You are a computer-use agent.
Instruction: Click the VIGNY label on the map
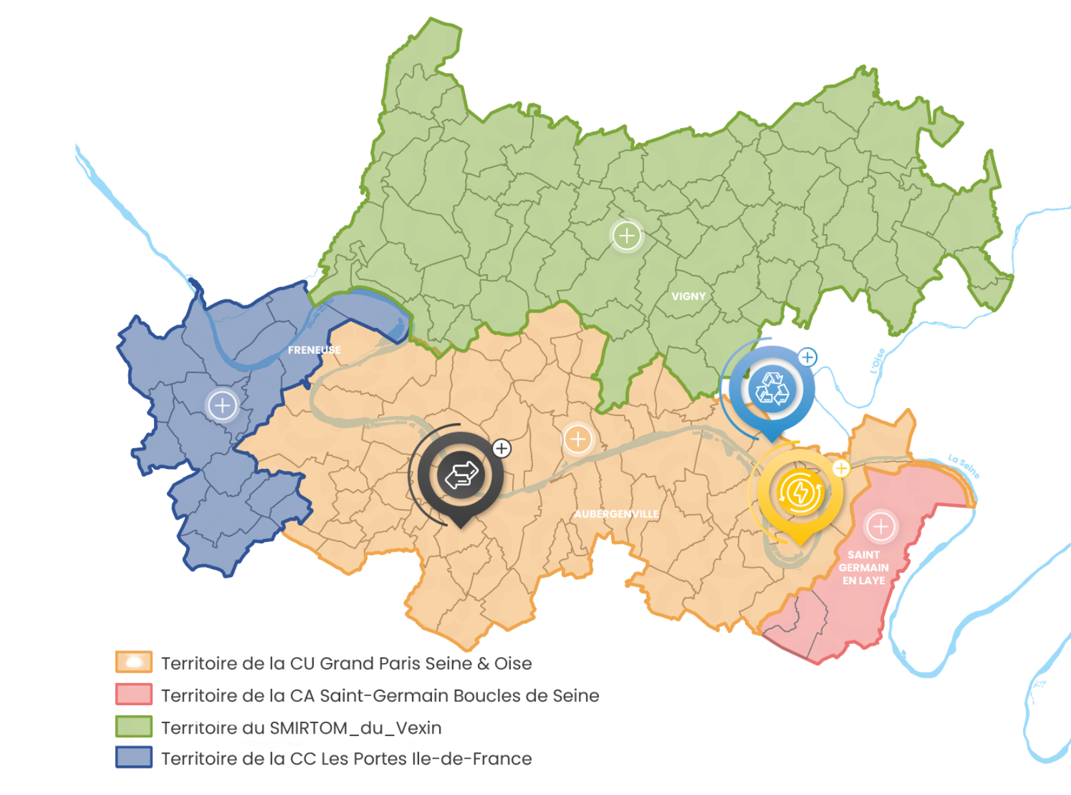tap(688, 296)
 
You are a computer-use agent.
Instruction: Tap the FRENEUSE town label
tap(314, 350)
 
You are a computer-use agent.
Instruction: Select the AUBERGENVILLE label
tap(616, 514)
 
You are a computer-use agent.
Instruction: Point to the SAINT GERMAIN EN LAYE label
tap(863, 567)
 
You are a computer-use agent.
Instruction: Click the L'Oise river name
tap(877, 362)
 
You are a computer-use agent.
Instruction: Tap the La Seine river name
tap(964, 466)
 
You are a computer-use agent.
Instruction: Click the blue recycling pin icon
tap(772, 389)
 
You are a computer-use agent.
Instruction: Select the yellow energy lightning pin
tap(801, 493)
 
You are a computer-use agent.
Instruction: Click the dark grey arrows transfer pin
tap(460, 475)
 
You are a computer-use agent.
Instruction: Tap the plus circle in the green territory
tap(626, 235)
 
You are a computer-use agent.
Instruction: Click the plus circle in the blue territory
tap(222, 406)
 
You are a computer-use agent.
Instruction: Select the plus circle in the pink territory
tap(880, 527)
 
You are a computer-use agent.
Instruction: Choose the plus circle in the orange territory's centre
tap(578, 440)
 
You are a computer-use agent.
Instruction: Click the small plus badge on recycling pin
tap(807, 357)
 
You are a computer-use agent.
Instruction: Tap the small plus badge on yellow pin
tap(841, 468)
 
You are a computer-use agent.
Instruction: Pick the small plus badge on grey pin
tap(501, 448)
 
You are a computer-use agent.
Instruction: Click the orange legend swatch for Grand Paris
tap(134, 662)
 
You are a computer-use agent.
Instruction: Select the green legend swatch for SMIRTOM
tap(134, 726)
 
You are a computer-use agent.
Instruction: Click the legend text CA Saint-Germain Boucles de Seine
tap(380, 695)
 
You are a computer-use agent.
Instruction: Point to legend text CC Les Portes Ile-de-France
tap(346, 758)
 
